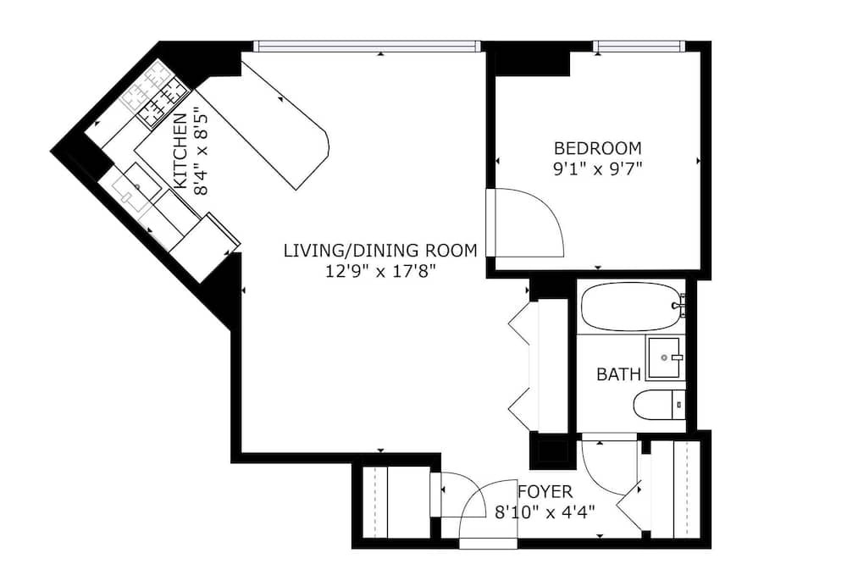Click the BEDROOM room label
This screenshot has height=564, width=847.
coord(598,147)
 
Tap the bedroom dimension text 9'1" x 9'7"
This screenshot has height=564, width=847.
coord(597,169)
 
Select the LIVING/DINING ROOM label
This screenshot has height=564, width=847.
coord(381,250)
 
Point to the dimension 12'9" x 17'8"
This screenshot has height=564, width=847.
coord(380,271)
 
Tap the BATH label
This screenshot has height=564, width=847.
coord(618,373)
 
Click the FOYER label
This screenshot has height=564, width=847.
coord(545,492)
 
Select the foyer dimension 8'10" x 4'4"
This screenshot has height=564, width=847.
coord(545,511)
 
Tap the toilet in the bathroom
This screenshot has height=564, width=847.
coord(659,404)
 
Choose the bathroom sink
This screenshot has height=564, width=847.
coord(665,357)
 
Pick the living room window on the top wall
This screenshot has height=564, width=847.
coord(367,47)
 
